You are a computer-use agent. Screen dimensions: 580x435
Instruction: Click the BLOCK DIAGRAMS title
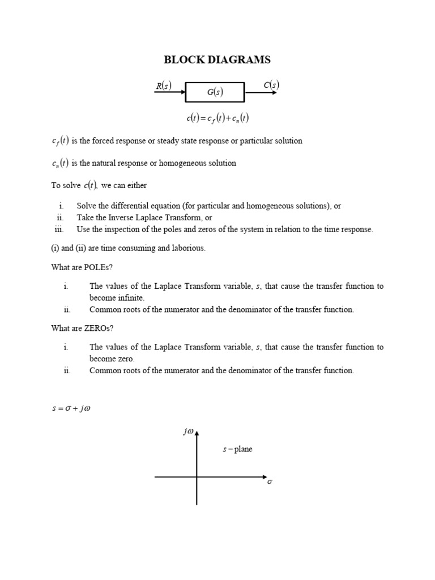click(x=217, y=59)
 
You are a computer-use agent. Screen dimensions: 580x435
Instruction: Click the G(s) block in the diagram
click(x=215, y=92)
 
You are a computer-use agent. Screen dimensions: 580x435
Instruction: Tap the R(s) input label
click(x=163, y=86)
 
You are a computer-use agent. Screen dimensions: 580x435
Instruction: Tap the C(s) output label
click(x=271, y=86)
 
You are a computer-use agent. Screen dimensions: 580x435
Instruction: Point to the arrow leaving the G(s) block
click(x=261, y=92)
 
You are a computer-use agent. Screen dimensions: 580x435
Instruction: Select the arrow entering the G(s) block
click(x=169, y=92)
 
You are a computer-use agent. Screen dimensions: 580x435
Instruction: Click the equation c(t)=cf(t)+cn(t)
click(x=217, y=118)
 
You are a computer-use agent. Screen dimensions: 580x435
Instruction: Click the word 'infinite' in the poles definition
click(x=132, y=298)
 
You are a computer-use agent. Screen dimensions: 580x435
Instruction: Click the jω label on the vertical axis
click(x=188, y=432)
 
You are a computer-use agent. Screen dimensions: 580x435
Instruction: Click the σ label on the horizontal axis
click(x=270, y=483)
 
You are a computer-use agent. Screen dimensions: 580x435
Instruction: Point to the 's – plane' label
click(x=237, y=449)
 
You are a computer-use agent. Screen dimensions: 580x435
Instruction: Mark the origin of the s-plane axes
click(x=197, y=477)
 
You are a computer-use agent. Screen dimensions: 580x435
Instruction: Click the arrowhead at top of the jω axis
click(x=197, y=433)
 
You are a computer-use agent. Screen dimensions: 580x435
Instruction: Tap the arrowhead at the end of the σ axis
click(x=263, y=477)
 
